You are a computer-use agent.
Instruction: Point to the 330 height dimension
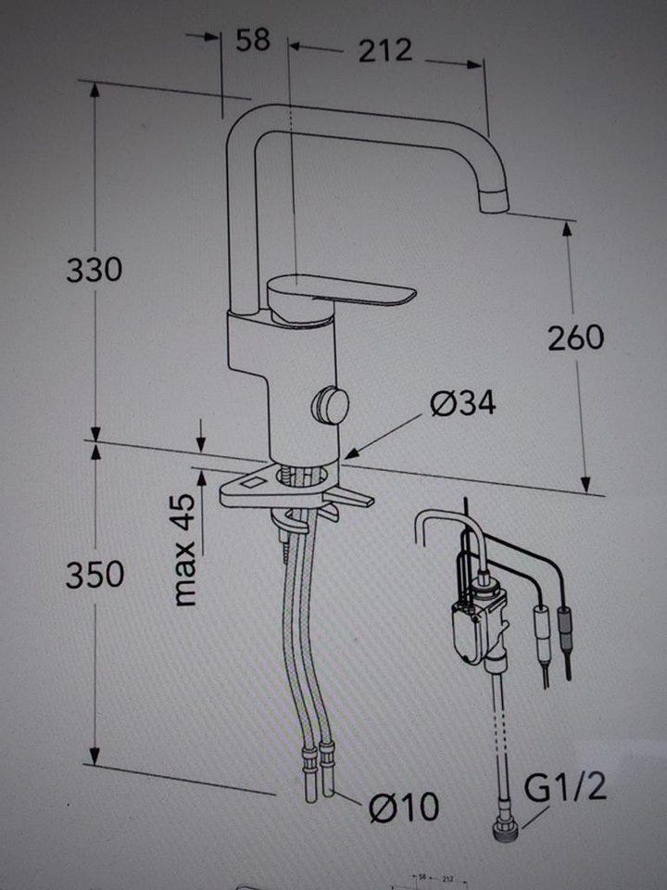click(94, 270)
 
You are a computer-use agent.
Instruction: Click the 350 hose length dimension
click(94, 575)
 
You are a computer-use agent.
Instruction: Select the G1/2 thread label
click(566, 788)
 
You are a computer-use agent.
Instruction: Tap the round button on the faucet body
click(331, 404)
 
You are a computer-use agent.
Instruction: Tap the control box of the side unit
click(468, 626)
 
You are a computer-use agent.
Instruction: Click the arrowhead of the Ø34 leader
click(350, 453)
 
